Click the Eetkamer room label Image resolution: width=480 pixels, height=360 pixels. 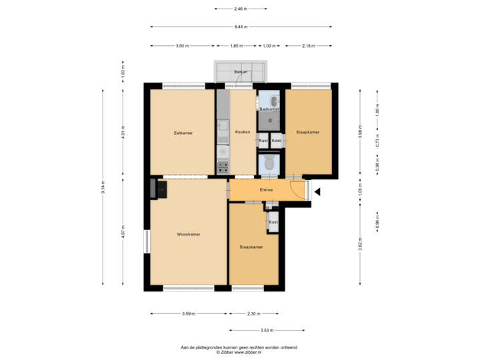tap(183, 133)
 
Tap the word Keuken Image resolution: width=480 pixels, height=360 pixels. tap(243, 132)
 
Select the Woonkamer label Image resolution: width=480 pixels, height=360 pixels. tap(189, 235)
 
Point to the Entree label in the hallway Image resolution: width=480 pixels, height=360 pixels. tap(267, 190)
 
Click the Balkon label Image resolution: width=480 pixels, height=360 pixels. tap(241, 71)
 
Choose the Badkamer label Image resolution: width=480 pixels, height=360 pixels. tap(269, 108)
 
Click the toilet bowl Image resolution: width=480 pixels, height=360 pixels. tap(269, 164)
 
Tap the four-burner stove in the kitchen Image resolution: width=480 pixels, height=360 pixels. tap(223, 167)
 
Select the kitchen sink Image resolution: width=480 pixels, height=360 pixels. tap(223, 139)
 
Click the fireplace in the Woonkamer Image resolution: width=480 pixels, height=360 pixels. tap(161, 189)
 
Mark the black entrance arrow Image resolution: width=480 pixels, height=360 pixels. tap(317, 193)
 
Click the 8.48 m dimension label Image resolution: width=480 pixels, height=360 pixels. tap(241, 27)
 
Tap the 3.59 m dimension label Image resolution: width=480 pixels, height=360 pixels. tap(189, 313)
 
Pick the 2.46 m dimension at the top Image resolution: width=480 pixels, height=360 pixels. tap(241, 9)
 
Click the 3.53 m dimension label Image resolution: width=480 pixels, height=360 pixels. tap(267, 330)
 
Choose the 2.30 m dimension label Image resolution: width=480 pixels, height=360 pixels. tap(253, 313)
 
